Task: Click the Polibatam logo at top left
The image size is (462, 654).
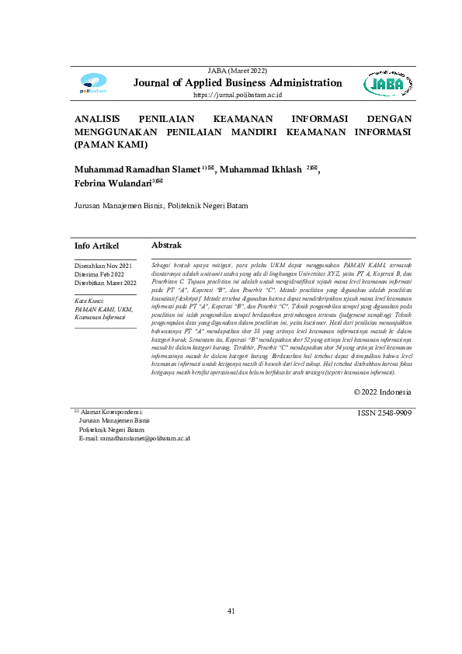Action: pos(93,84)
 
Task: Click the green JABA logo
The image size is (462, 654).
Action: pos(385,84)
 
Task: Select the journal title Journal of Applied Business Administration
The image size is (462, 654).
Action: pos(238,83)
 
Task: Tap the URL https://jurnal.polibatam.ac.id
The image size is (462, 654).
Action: pos(238,95)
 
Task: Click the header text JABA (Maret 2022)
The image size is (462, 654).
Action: pos(238,71)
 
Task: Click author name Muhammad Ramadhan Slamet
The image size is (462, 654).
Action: pos(137,169)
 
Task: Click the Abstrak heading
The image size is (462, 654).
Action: pos(167,245)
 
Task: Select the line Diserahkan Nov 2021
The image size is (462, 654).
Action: pos(102,266)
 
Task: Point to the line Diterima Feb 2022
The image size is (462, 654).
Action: pos(99,275)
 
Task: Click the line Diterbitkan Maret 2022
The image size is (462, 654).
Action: pos(105,284)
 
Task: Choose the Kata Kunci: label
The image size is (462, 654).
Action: pos(89,299)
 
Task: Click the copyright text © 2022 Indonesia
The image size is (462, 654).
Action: pos(382,392)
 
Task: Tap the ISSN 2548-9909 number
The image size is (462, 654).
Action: pos(384,413)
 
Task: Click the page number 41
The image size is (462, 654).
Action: pos(231,611)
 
